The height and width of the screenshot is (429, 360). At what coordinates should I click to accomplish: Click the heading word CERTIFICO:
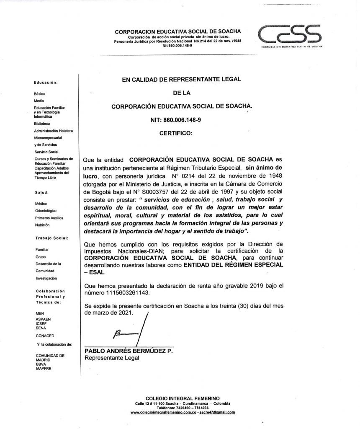click(176, 134)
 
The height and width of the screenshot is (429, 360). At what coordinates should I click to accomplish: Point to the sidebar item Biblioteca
click(42, 124)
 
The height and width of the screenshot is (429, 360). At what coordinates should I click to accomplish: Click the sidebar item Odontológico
click(46, 211)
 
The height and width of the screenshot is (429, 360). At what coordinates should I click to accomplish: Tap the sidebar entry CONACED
click(45, 336)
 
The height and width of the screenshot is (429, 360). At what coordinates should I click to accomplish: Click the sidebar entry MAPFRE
click(44, 368)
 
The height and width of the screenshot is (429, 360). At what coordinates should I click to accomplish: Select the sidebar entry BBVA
click(41, 364)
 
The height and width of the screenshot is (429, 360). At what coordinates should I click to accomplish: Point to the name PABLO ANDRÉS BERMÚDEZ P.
click(129, 351)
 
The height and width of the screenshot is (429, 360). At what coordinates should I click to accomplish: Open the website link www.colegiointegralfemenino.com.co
click(163, 412)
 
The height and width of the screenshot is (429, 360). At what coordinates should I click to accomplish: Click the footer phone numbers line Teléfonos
click(182, 407)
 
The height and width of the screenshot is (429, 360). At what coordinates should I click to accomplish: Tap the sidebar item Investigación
click(46, 278)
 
